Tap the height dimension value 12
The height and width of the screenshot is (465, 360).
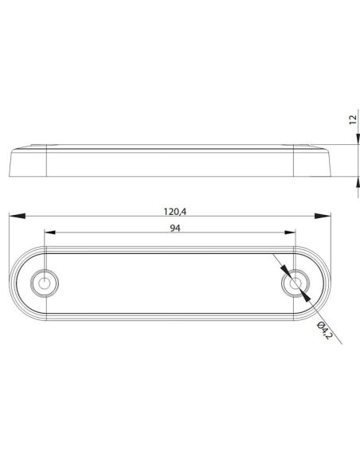pos(351,120)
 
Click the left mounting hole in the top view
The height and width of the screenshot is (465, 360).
pos(45,283)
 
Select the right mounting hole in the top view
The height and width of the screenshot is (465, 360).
pos(296,283)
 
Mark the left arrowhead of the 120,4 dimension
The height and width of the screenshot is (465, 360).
pos(14,216)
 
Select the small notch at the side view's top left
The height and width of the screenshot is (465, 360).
pos(37,146)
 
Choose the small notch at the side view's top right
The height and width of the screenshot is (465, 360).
pos(304,146)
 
